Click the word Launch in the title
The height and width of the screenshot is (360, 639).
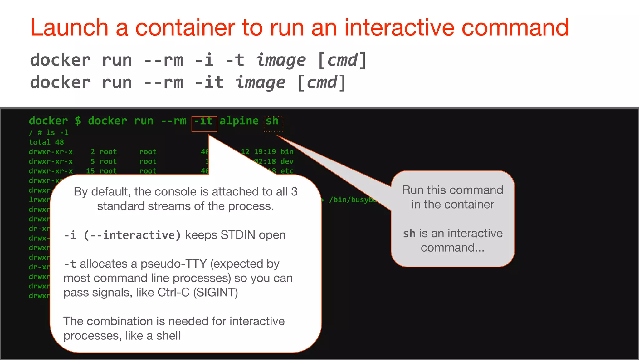click(x=69, y=27)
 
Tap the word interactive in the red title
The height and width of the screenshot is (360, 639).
click(x=399, y=27)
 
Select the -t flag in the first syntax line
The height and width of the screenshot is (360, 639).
click(x=235, y=60)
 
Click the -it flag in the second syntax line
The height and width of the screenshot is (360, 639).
click(x=209, y=82)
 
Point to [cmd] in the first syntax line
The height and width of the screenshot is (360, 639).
click(x=342, y=60)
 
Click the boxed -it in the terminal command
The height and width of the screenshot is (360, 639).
click(x=204, y=121)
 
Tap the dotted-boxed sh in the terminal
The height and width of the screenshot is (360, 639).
click(x=272, y=121)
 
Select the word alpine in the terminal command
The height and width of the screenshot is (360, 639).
click(x=239, y=121)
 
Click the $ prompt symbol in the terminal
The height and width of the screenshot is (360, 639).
click(x=78, y=121)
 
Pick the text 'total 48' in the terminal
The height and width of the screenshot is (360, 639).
click(x=46, y=142)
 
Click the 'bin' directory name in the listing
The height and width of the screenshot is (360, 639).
click(x=287, y=152)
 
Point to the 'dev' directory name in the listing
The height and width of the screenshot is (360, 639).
click(x=287, y=161)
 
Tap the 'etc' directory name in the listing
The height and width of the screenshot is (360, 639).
click(x=287, y=171)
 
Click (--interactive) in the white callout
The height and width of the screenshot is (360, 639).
click(x=132, y=235)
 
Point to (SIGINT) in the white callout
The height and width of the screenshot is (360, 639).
click(x=216, y=293)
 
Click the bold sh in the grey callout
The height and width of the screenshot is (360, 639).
click(x=409, y=234)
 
